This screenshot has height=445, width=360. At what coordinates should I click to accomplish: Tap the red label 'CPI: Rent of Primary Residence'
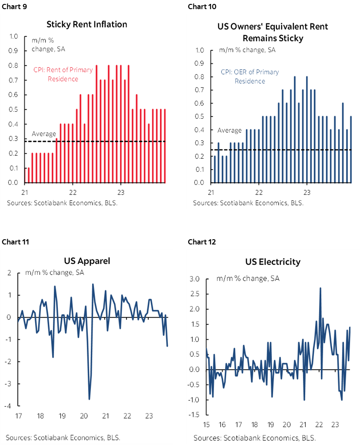coord(63,74)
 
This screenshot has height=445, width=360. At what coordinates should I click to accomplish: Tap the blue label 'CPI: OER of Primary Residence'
coord(250,76)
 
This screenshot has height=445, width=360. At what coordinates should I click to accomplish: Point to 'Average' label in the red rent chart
coord(44,134)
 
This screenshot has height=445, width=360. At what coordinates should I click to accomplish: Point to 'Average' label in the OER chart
coord(229,130)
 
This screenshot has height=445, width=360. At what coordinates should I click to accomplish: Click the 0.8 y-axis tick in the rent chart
coord(13,66)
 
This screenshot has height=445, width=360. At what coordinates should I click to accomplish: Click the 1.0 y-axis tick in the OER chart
coord(199,50)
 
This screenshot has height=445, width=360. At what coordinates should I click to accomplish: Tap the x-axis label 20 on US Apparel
coord(83,416)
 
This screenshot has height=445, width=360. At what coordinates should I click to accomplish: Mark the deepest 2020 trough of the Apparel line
coord(89,399)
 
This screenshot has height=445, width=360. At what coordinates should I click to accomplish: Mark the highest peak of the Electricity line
coord(320,288)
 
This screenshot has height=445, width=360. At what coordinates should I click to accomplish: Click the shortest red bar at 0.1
coord(29,175)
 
